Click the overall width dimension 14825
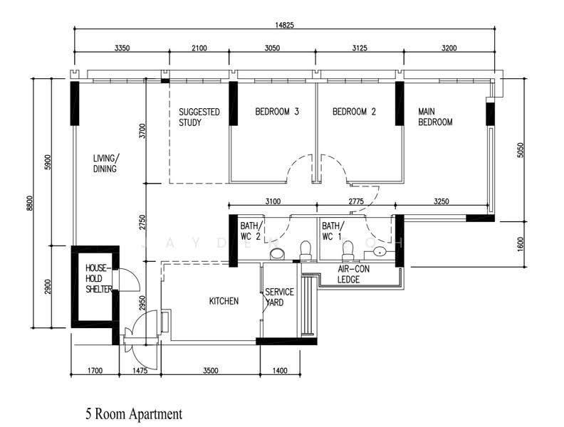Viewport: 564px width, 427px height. click(284, 25)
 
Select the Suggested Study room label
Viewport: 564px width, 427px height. click(199, 117)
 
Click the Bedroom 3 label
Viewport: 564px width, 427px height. click(277, 112)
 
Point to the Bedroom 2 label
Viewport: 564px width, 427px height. click(354, 112)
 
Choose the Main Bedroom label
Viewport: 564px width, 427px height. click(435, 117)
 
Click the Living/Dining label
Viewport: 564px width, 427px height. click(105, 164)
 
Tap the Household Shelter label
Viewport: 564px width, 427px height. click(98, 278)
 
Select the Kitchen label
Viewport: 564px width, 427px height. click(224, 301)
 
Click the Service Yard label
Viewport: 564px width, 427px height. click(279, 297)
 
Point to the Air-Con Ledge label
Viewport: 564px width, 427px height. click(353, 274)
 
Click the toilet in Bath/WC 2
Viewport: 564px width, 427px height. click(305, 251)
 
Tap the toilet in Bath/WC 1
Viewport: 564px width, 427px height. click(348, 251)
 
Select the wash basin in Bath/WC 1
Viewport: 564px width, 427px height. click(380, 252)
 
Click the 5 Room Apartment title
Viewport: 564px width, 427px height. click(134, 414)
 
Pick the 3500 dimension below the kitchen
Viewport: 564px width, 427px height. click(210, 371)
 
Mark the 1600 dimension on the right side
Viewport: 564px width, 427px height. click(521, 244)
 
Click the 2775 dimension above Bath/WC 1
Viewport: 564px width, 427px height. click(356, 201)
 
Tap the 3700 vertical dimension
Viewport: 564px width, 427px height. click(143, 131)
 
